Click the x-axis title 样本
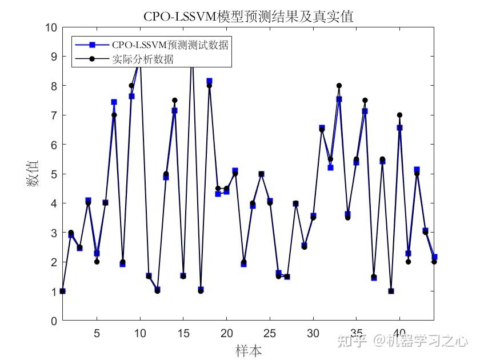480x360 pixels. pos(249,350)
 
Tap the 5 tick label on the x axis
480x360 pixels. pos(97,333)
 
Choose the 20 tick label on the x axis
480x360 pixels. pos(227,333)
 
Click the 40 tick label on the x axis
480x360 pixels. pos(399,333)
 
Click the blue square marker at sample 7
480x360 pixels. pos(114,102)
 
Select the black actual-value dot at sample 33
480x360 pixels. pos(339,86)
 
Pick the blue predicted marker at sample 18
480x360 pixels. pos(209,81)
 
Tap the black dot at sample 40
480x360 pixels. pos(399,115)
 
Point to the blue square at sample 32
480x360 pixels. pos(330,167)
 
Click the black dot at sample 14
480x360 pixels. pos(175,101)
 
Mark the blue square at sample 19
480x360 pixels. pos(218,194)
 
